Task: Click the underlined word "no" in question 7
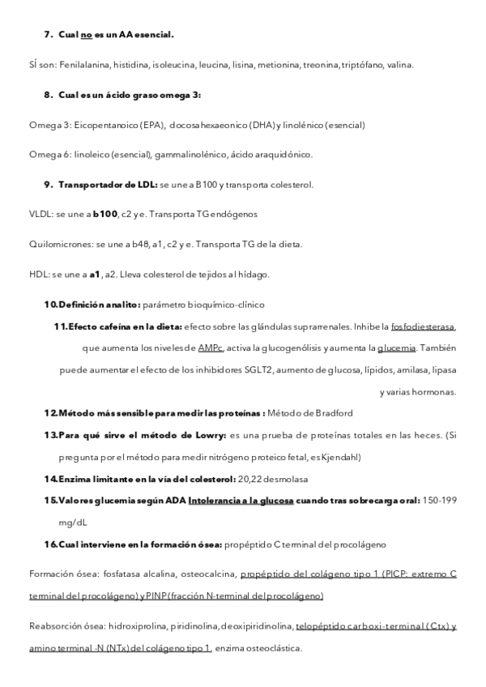86,36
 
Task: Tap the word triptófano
362,65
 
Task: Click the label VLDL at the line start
38,214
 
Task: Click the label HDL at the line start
37,274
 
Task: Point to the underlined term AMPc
210,348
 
